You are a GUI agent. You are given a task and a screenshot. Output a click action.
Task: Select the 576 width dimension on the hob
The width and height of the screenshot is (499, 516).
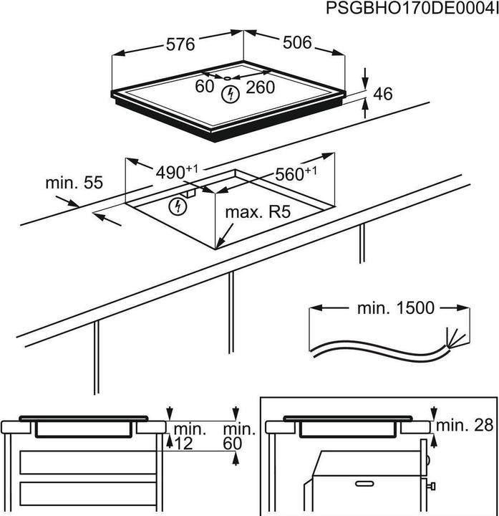click(181, 44)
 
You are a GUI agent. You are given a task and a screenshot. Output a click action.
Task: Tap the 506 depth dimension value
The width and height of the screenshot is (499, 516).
click(296, 43)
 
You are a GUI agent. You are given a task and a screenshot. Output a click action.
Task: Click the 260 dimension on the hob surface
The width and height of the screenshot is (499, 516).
click(261, 87)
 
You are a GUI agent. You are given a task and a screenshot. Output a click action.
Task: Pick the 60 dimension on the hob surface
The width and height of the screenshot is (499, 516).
click(205, 87)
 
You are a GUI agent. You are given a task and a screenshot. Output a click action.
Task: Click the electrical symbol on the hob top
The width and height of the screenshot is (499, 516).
click(230, 93)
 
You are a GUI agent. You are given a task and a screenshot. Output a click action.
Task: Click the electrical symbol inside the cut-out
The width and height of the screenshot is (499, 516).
click(176, 207)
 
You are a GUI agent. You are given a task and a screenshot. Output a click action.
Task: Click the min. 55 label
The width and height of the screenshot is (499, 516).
click(74, 183)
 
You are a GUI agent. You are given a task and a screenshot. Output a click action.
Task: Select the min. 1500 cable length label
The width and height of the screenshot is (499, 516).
click(395, 308)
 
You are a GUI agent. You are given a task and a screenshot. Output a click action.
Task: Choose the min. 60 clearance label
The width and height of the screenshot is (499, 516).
click(239, 436)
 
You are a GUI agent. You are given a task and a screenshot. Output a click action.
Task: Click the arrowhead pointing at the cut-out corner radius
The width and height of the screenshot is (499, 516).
click(222, 240)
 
